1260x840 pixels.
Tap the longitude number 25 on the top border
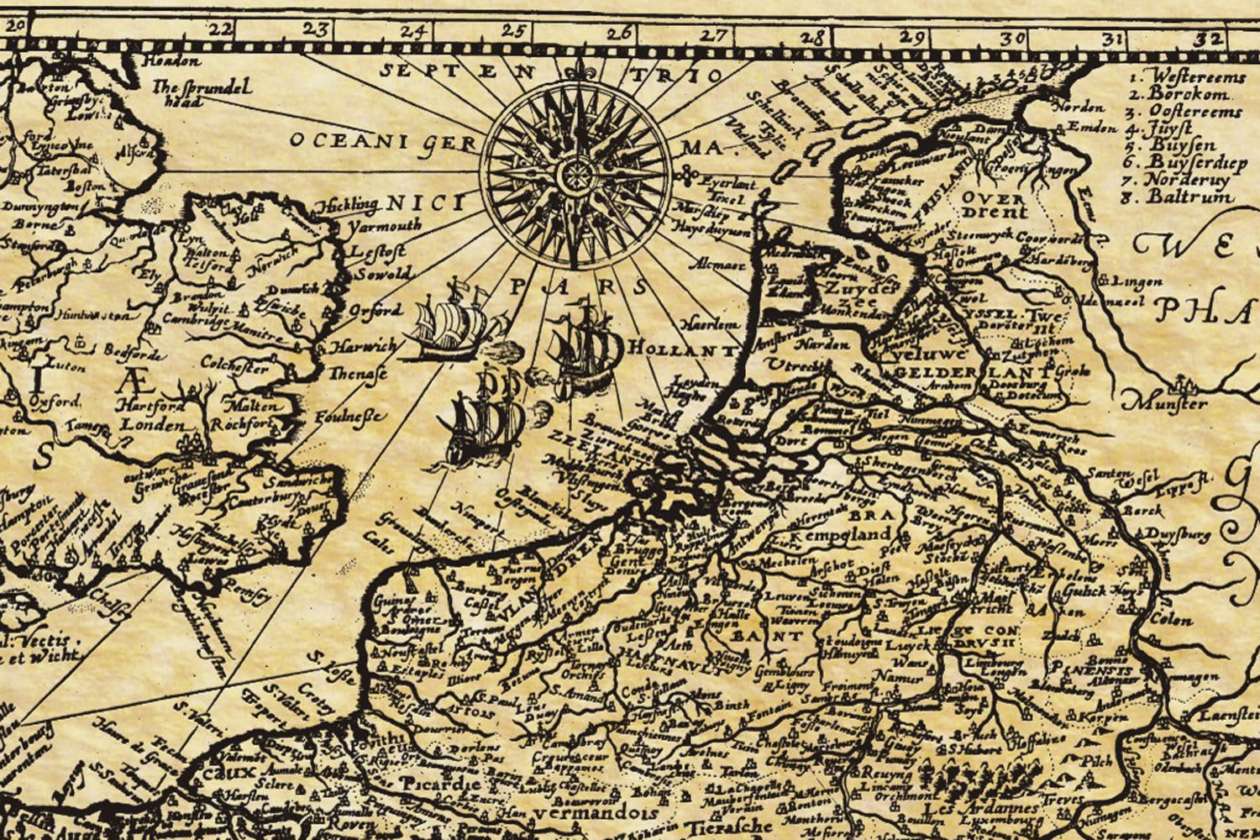pyautogui.click(x=513, y=31)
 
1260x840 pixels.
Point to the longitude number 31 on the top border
pyautogui.click(x=1114, y=39)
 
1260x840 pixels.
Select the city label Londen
pyautogui.click(x=152, y=425)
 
